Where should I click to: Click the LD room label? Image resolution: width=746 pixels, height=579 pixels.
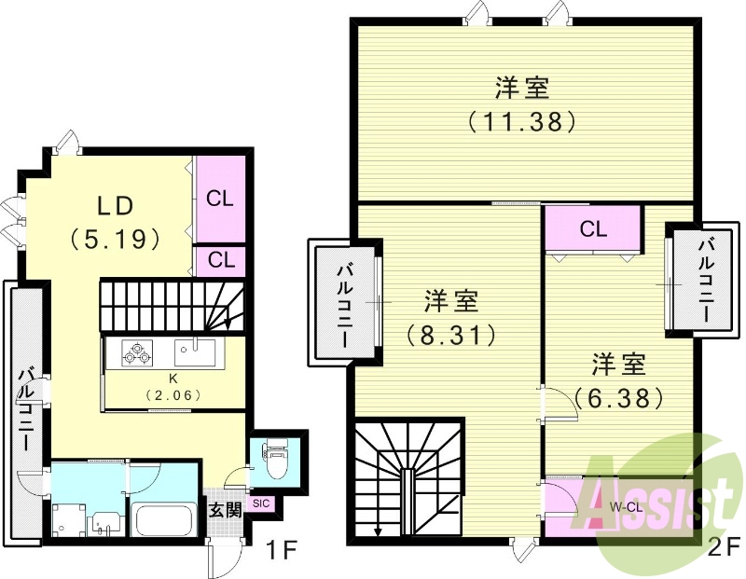click(x=116, y=205)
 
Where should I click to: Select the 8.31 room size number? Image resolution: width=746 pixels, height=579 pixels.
click(x=451, y=333)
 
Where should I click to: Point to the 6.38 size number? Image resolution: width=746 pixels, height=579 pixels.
click(x=618, y=396)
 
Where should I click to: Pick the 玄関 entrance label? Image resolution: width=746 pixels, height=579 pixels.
click(x=225, y=510)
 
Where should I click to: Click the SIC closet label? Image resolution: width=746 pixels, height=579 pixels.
click(x=260, y=504)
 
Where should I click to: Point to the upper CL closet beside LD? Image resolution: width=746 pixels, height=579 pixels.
click(x=220, y=198)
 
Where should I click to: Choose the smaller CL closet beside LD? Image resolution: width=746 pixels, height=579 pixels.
click(x=220, y=259)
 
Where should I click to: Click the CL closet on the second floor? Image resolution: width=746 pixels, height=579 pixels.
click(x=593, y=228)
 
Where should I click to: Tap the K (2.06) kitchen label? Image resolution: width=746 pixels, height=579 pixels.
click(x=173, y=386)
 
